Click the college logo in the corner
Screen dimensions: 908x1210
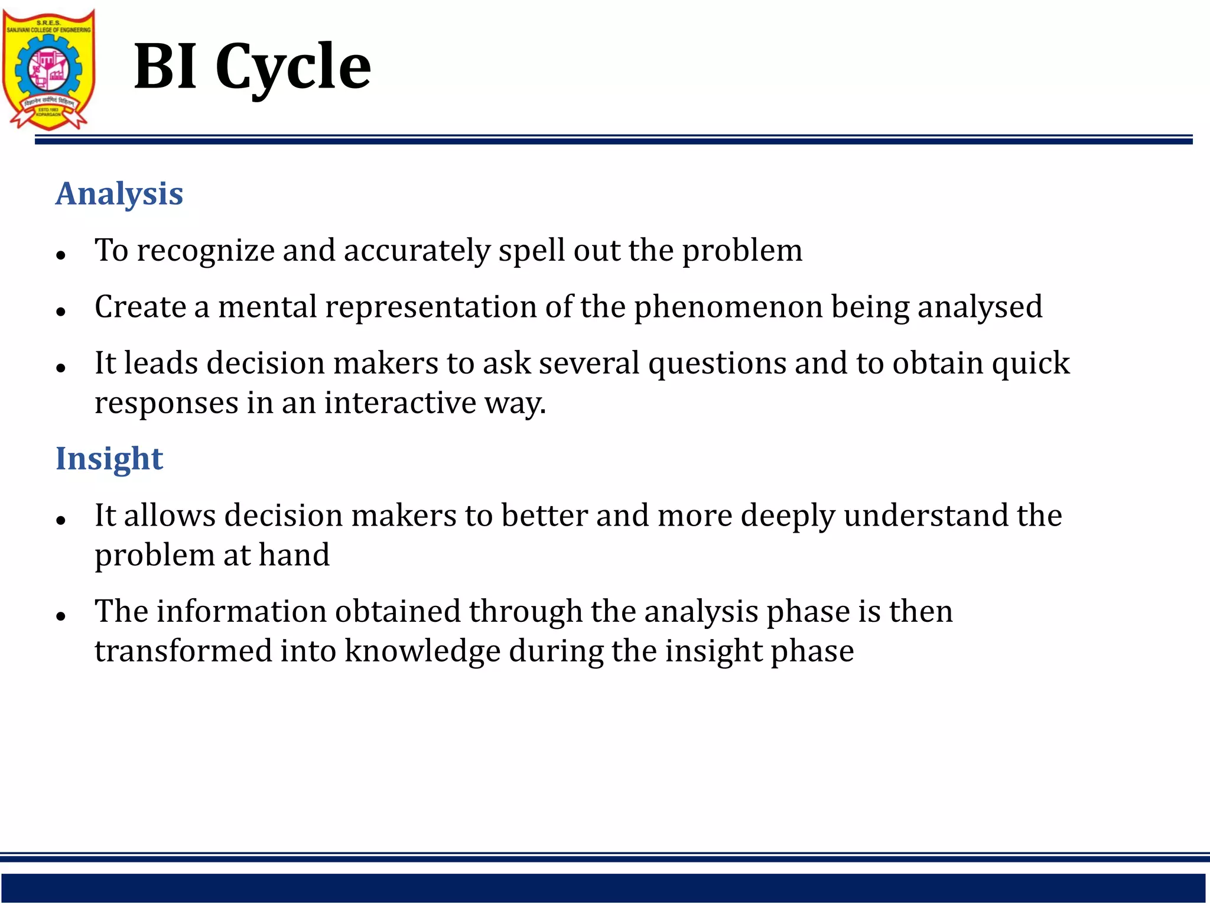48,69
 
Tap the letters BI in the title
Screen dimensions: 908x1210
165,66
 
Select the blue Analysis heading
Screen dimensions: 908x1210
119,194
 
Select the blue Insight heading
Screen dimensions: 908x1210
109,459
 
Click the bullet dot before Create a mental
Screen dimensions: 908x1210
60,312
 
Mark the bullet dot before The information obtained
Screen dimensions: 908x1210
60,616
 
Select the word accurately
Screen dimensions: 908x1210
417,251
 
